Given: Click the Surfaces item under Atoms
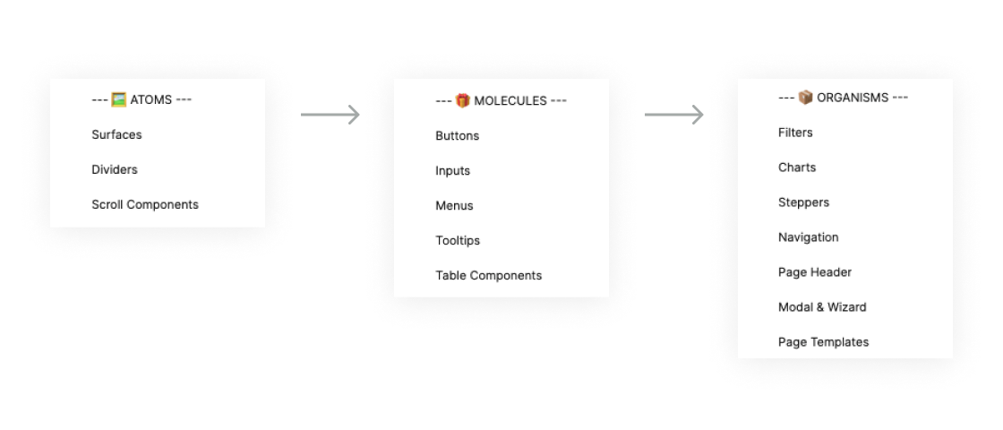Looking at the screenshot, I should [x=116, y=134].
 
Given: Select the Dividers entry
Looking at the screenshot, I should [x=115, y=169].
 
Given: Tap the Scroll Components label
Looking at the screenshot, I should [x=145, y=204].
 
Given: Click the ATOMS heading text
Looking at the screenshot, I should [x=150, y=99].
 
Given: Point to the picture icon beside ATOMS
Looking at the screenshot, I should [x=118, y=99].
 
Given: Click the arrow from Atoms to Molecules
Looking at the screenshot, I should [x=330, y=115].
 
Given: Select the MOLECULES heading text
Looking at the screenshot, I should [x=510, y=100].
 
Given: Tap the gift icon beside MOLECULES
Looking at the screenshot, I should [x=462, y=100].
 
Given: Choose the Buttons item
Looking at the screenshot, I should [x=457, y=136].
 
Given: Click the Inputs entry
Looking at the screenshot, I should [x=452, y=171].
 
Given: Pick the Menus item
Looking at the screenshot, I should [x=454, y=206].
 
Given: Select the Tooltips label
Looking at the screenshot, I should [x=458, y=241].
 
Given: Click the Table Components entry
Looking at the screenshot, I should [x=488, y=276].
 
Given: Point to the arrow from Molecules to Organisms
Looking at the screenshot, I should [x=673, y=115].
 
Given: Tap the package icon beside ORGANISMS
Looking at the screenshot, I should [x=805, y=97].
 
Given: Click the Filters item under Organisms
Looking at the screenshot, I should [x=795, y=133].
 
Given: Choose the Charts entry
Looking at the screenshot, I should [x=797, y=168].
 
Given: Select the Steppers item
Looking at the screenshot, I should [x=803, y=202].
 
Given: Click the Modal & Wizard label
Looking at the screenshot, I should [x=822, y=307].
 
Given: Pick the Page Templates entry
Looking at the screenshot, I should [x=823, y=342].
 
